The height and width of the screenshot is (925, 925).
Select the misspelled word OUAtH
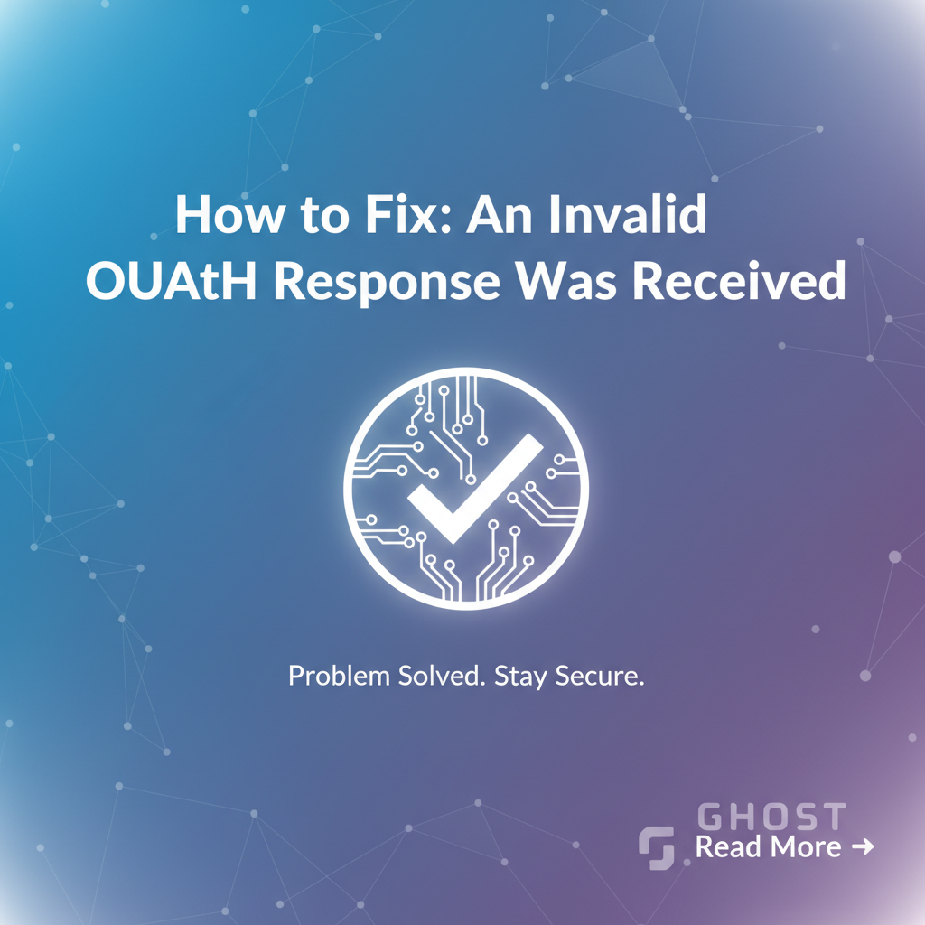point(171,281)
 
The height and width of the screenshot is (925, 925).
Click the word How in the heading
point(229,213)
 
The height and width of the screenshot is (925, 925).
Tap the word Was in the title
point(565,281)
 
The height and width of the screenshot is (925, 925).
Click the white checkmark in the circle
point(475,490)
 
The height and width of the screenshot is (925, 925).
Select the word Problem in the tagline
point(340,676)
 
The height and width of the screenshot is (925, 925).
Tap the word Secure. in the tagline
point(600,676)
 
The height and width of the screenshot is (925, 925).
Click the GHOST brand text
point(771,817)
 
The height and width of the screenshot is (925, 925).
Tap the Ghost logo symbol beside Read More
point(657,847)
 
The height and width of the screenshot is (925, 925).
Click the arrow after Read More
point(863,847)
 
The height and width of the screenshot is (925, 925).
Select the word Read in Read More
point(728,847)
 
